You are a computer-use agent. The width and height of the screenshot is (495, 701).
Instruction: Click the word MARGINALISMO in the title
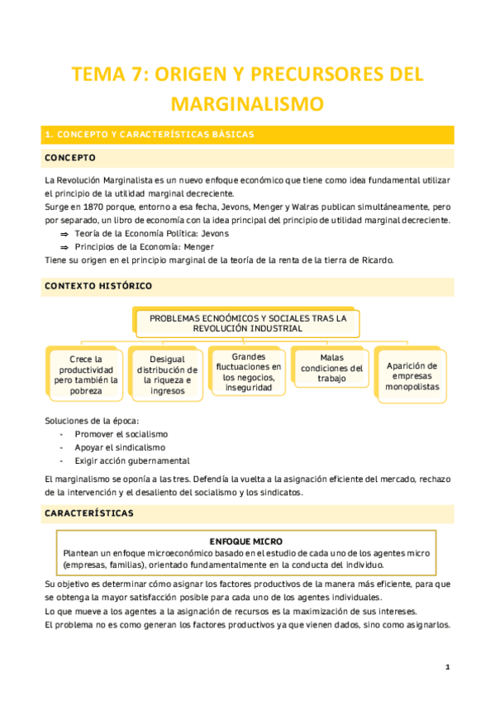click(247, 103)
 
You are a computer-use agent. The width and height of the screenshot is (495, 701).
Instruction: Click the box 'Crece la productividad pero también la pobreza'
click(87, 374)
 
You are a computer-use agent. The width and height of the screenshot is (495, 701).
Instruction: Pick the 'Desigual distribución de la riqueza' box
click(168, 374)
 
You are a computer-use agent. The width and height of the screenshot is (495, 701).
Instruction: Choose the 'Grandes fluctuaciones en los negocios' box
click(249, 372)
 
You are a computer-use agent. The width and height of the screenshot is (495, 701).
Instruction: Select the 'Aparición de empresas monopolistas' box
click(412, 375)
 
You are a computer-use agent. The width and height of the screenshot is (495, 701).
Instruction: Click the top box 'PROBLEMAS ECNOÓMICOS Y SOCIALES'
click(248, 322)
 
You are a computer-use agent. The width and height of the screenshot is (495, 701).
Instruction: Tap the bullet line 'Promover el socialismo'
click(121, 433)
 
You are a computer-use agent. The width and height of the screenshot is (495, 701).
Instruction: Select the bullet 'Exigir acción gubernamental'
click(132, 460)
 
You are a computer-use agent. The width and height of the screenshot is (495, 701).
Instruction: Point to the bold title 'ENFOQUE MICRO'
click(247, 541)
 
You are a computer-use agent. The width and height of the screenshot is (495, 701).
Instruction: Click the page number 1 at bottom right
click(447, 665)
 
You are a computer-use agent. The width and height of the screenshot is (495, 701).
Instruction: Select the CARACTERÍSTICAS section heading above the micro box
click(88, 513)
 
